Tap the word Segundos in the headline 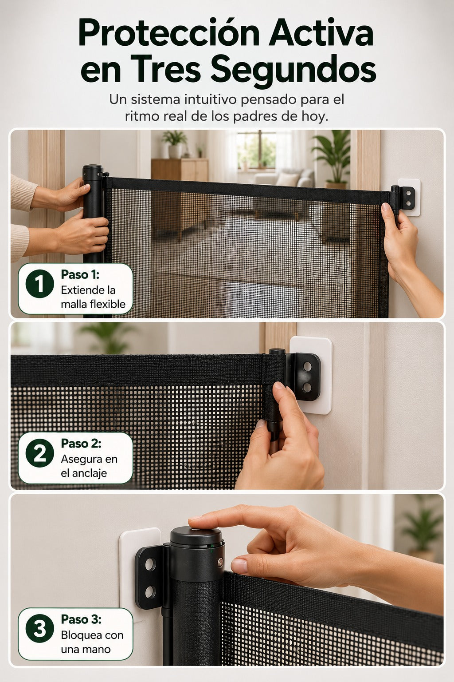click(294, 70)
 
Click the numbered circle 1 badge click(39, 283)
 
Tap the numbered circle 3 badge click(39, 629)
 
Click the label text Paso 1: click(80, 274)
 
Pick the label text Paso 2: click(81, 443)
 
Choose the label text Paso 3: click(81, 619)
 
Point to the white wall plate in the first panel click(409, 197)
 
